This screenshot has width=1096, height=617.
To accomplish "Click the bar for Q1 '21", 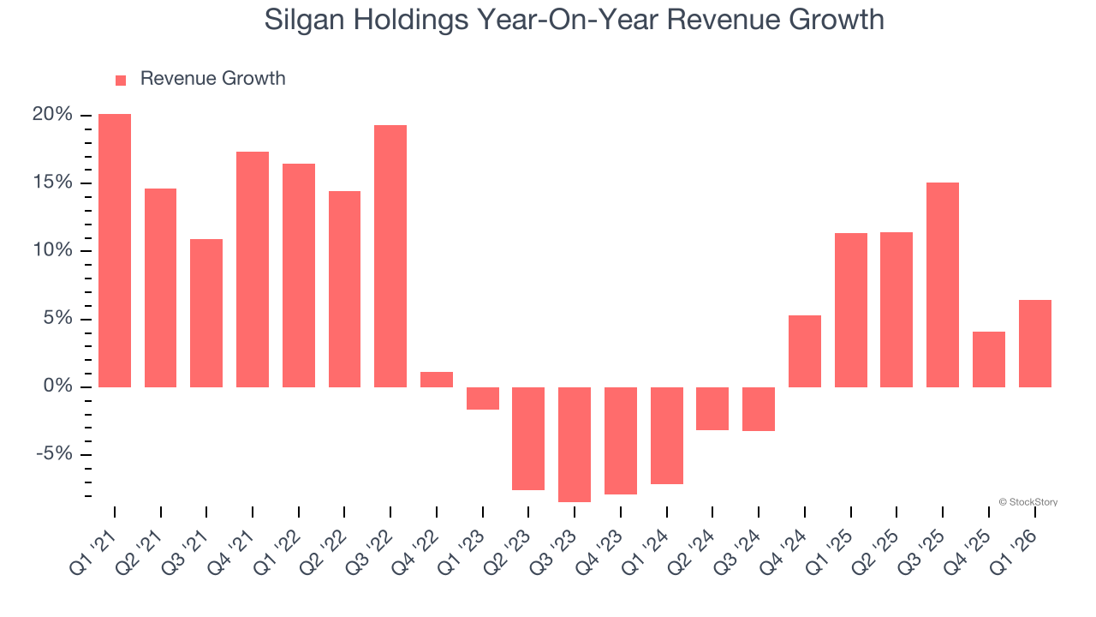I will [115, 250].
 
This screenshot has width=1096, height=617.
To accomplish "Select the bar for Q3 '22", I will [390, 256].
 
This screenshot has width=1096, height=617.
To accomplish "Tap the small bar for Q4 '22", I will [437, 380].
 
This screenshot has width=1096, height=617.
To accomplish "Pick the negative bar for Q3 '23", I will [575, 444].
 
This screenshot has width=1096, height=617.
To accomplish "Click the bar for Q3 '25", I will [943, 285].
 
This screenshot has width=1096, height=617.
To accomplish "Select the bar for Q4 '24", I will [805, 351].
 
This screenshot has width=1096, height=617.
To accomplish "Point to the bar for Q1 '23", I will [483, 398].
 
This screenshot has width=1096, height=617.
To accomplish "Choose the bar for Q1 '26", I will [1034, 344].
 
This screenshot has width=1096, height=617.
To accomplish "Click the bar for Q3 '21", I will [206, 313].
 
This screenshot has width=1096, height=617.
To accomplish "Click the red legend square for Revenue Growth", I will [121, 80].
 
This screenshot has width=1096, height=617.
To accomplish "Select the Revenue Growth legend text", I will [212, 79].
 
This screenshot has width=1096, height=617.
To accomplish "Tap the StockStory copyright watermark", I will [1027, 502].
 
